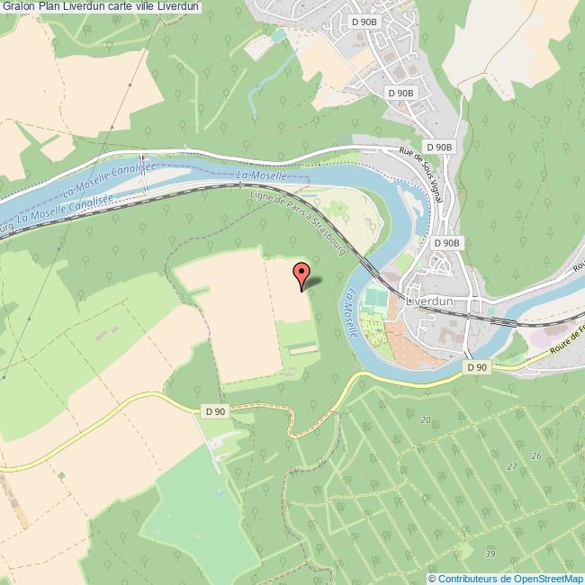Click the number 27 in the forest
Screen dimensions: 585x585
click(512, 466)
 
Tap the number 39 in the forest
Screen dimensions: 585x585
click(490, 553)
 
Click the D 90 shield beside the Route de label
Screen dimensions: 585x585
click(477, 367)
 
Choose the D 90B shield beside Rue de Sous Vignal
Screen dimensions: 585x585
click(438, 147)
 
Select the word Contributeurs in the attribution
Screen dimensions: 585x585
click(468, 578)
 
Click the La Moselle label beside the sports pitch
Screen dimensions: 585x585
click(350, 312)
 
